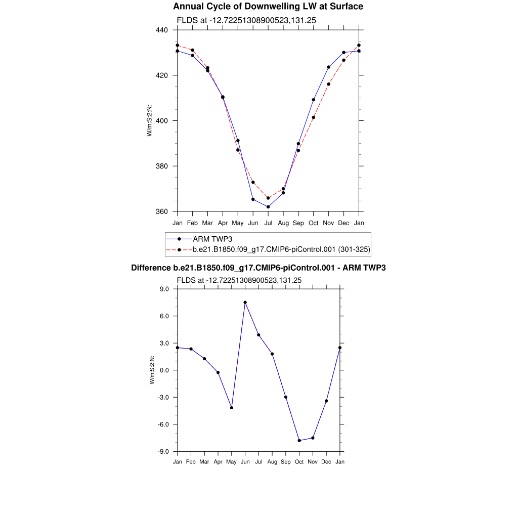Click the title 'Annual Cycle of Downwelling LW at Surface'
point(268,7)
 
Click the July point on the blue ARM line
point(268,207)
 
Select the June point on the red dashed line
point(253,182)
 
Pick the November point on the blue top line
point(329,67)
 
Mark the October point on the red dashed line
point(314,117)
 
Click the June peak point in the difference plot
point(245,303)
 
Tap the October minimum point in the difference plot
point(299,441)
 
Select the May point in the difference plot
point(232,408)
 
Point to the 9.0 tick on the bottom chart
point(164,289)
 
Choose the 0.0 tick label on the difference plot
point(164,370)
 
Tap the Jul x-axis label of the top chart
point(268,223)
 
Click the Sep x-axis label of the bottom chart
point(286,462)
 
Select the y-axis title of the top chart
point(149,120)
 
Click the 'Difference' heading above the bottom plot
point(258,268)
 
